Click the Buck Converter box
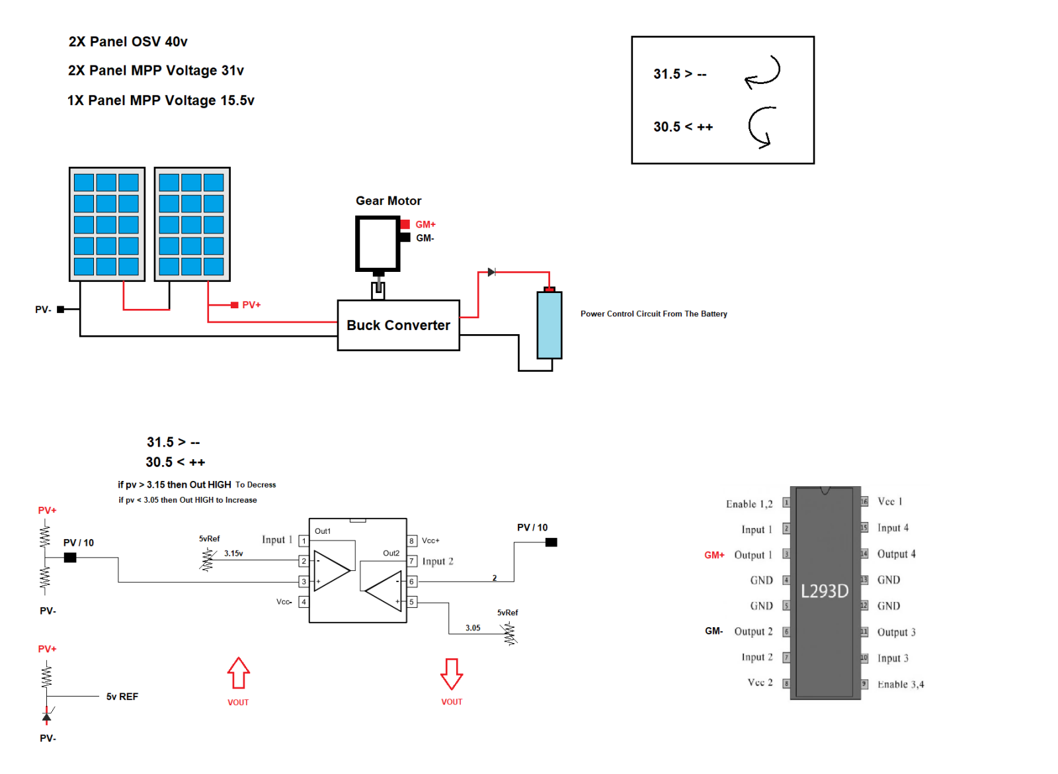click(398, 325)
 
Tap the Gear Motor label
click(388, 201)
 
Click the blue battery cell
click(549, 325)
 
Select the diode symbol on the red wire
click(491, 272)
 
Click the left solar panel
click(106, 224)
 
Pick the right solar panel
click(192, 224)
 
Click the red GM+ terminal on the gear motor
click(405, 224)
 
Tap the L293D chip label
click(824, 591)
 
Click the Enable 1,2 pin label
click(749, 504)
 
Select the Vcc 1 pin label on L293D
click(889, 501)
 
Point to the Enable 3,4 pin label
click(900, 684)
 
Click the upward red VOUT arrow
click(238, 673)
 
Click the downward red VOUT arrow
click(452, 673)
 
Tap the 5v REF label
click(122, 697)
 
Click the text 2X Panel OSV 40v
click(128, 42)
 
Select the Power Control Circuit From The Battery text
click(653, 314)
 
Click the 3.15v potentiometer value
click(233, 554)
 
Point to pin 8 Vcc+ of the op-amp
click(412, 540)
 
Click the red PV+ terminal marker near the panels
click(234, 305)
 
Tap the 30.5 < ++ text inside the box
click(683, 127)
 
